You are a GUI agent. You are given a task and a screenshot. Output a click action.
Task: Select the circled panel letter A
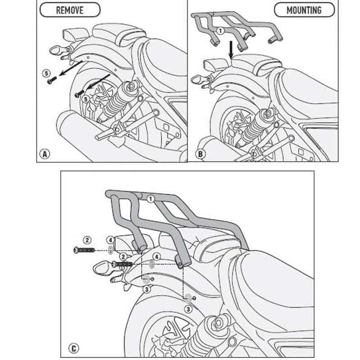click(x=44, y=154)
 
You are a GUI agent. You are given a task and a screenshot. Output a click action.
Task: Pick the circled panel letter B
click(x=201, y=154)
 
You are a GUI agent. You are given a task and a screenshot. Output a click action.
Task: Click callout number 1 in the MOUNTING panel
click(x=220, y=31)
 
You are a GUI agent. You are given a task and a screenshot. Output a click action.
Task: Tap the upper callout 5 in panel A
click(x=45, y=72)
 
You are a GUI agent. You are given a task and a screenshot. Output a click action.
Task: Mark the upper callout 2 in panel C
click(x=87, y=239)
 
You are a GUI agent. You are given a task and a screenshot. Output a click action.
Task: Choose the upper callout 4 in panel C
click(x=110, y=239)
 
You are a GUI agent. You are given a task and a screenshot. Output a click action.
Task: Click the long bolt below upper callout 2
click(x=84, y=250)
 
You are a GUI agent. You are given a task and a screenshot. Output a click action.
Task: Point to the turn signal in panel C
click(x=101, y=270)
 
